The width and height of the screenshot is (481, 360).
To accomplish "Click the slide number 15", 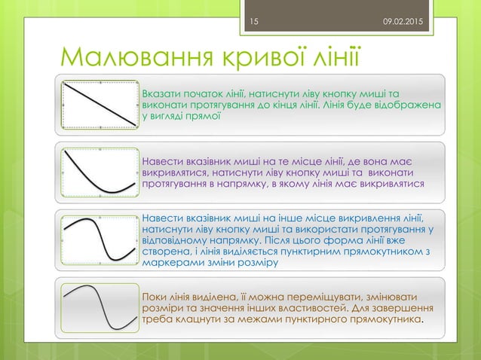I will tap(253, 23).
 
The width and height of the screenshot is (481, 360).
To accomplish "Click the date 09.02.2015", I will tap(403, 23).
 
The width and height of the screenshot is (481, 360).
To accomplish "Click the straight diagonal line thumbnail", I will tap(100, 104).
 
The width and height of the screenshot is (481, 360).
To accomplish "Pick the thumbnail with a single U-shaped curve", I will tap(100, 172).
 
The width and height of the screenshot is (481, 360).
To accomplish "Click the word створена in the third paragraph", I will tap(164, 252).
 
